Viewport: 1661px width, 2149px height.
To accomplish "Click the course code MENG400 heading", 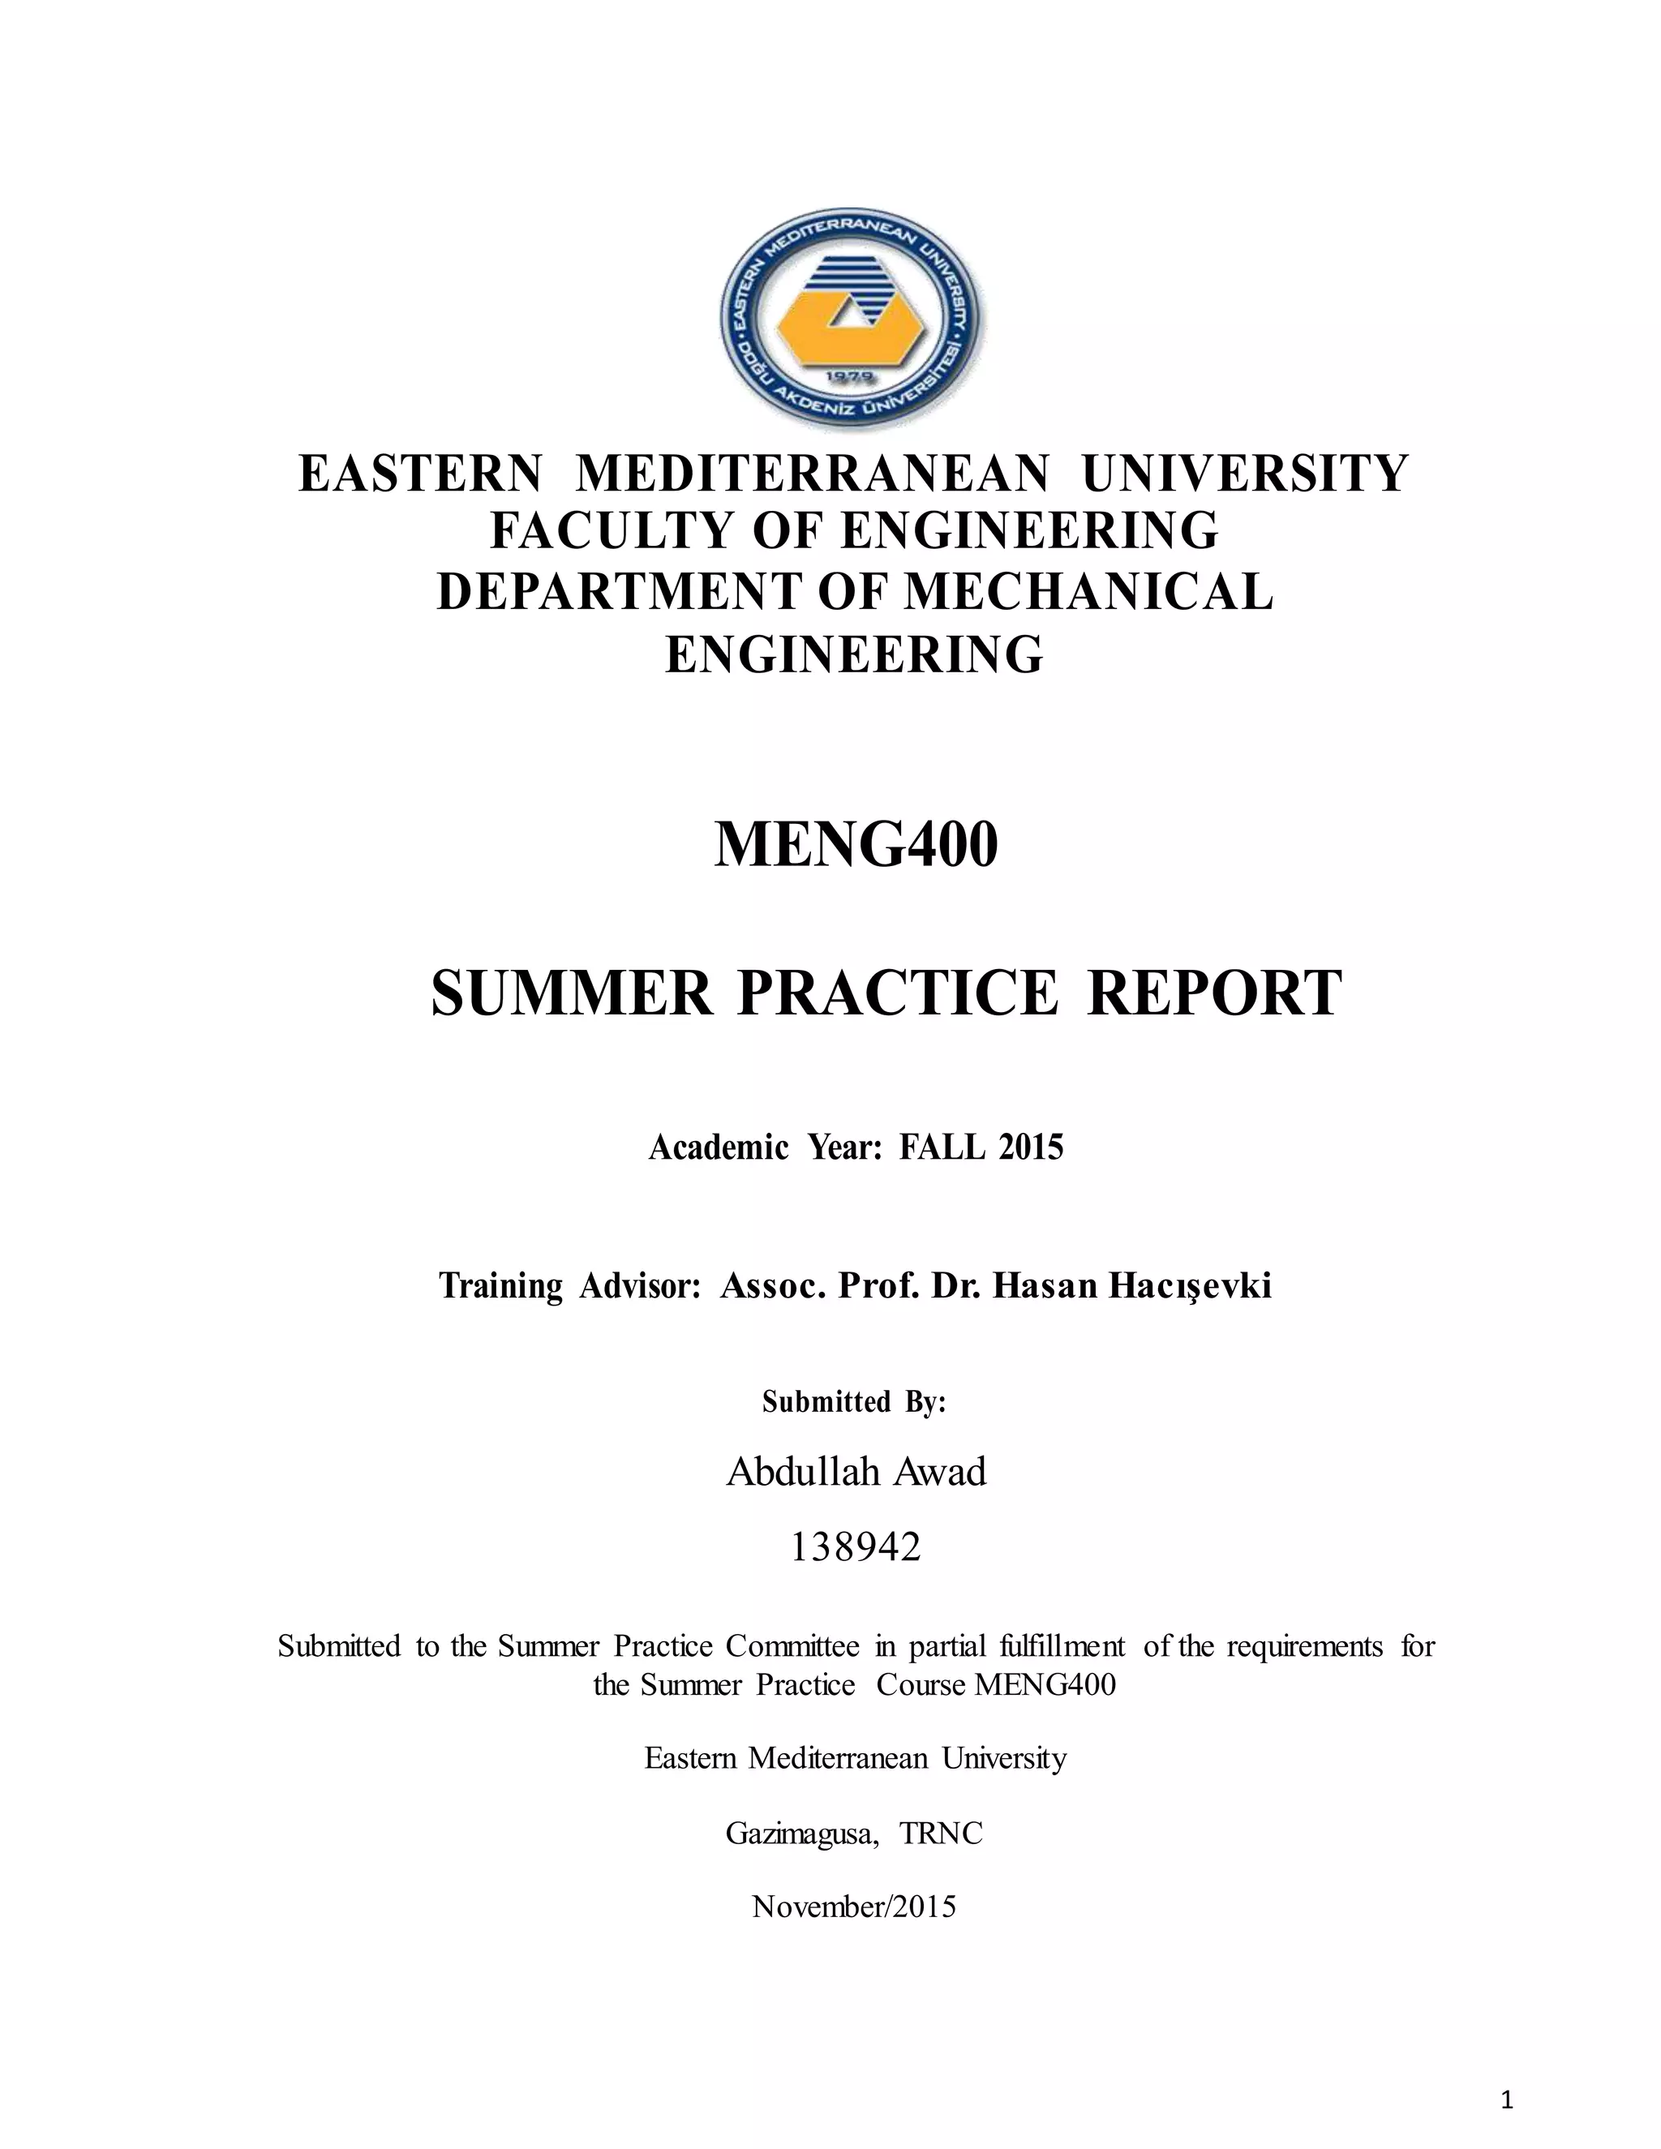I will point(855,845).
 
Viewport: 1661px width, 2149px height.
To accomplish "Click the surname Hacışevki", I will point(1190,1286).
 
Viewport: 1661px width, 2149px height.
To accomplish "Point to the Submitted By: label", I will point(854,1401).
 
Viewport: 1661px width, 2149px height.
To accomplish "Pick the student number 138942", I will point(855,1548).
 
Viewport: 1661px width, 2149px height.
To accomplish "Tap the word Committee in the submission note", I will point(792,1646).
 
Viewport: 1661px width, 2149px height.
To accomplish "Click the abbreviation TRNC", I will point(941,1834).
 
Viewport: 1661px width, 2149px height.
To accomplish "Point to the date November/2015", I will point(854,1907).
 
